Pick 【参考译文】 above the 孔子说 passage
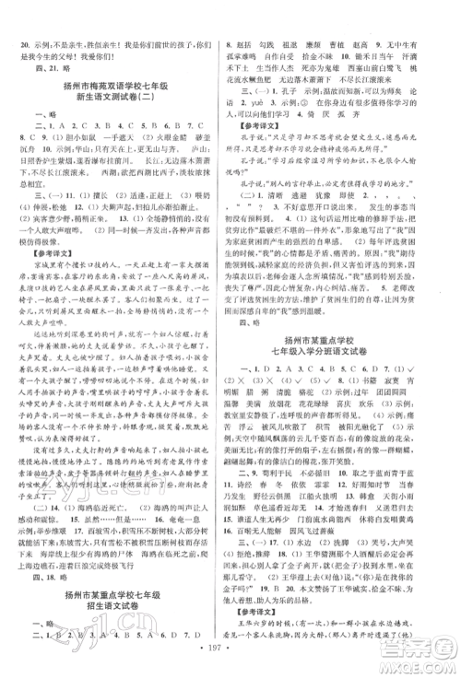(x=267, y=125)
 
